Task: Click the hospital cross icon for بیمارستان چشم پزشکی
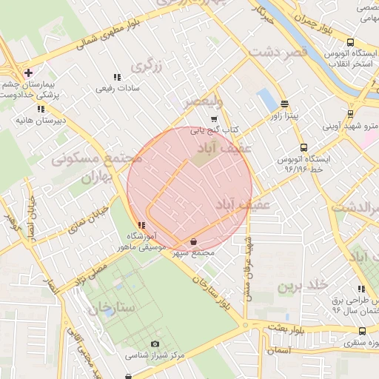28,73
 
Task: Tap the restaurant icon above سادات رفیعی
116,77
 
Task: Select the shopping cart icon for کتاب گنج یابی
214,118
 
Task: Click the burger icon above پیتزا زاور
285,104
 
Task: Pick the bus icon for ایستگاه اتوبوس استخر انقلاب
350,42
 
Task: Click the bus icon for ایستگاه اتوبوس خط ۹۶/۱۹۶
303,147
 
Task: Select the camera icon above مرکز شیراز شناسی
155,344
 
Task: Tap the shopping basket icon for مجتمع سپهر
193,241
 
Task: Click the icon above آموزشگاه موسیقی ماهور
141,226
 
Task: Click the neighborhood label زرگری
146,67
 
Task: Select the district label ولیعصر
204,101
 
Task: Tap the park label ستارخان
113,307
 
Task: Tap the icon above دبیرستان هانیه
41,109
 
